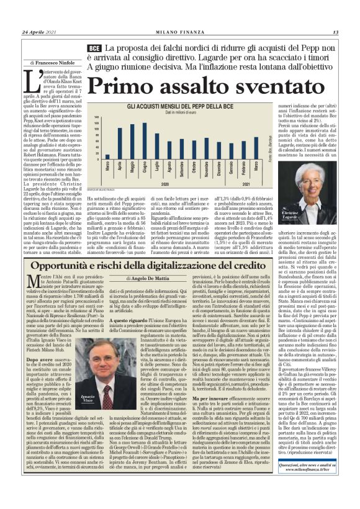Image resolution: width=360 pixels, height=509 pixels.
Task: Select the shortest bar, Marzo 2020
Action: coord(107,157)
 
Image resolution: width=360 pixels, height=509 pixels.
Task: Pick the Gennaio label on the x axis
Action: coord(230,168)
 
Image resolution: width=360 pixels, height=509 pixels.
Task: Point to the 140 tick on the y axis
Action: coord(96,117)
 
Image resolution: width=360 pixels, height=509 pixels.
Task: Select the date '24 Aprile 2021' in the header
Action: coord(39,32)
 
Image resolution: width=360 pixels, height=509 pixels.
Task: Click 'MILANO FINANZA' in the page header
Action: coord(180,32)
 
